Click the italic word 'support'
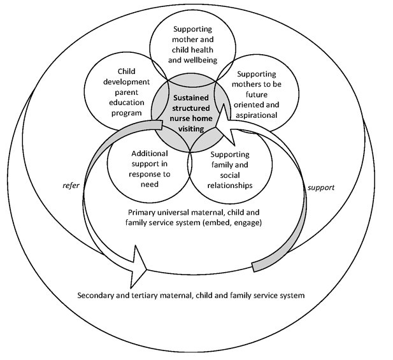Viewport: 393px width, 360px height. (320, 189)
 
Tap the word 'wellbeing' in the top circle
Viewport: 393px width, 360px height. (192, 61)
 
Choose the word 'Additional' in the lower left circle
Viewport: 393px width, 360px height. (149, 154)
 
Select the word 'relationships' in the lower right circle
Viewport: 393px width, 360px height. (231, 185)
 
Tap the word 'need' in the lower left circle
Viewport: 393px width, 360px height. (149, 184)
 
